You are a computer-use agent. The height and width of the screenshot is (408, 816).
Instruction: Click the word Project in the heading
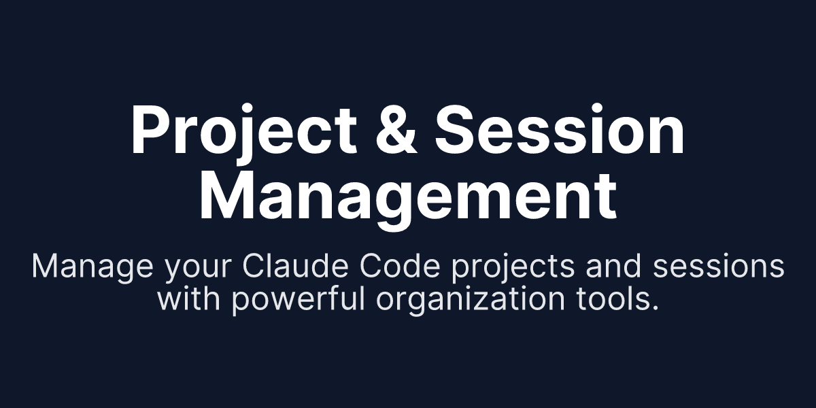tap(243, 131)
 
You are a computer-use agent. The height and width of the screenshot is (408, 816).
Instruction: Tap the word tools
tap(614, 299)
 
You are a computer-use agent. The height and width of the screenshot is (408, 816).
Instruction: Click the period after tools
tap(655, 308)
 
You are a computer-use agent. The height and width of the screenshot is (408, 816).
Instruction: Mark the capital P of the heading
tap(149, 131)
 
